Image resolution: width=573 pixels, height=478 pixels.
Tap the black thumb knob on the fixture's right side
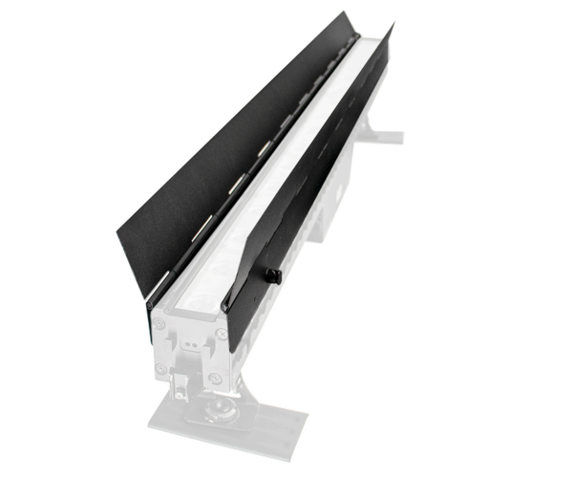pos(272,274)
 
